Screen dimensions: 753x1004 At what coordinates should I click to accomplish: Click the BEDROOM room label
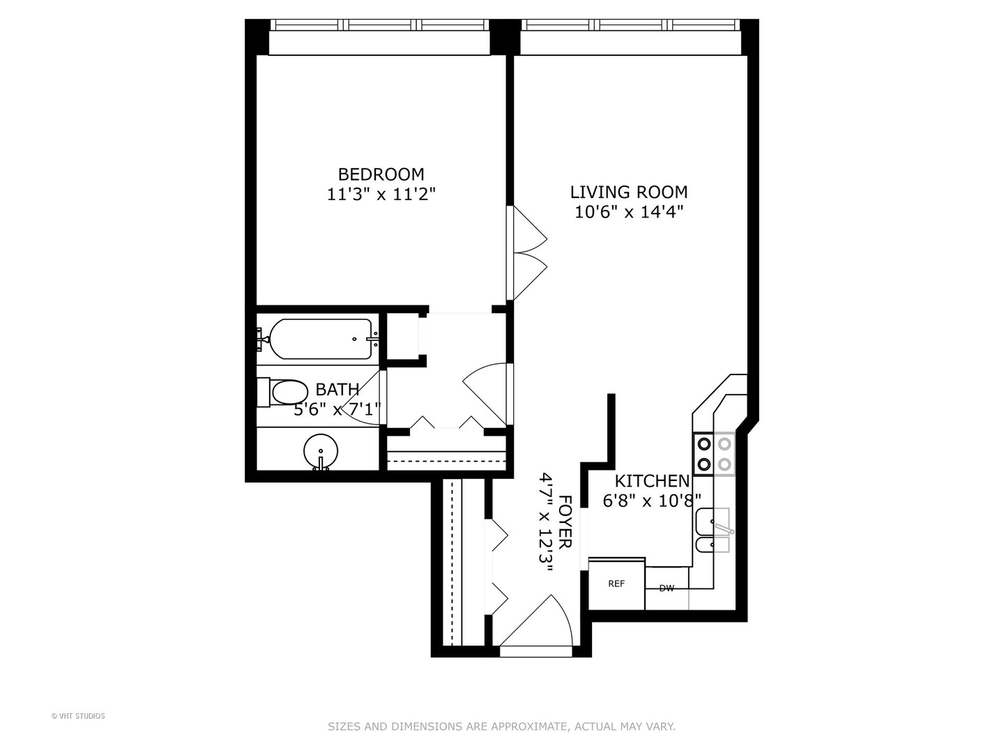(381, 174)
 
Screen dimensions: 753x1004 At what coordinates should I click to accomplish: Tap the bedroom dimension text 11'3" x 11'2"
(381, 195)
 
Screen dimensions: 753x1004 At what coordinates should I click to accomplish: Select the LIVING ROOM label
(628, 192)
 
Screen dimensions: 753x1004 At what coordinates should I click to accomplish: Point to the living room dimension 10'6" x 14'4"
(628, 212)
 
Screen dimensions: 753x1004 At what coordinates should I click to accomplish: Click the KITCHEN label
(652, 481)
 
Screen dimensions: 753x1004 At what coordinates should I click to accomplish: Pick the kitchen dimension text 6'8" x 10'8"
(652, 501)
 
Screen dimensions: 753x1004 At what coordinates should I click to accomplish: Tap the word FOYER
(565, 522)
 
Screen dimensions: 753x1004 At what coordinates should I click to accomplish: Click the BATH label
(337, 390)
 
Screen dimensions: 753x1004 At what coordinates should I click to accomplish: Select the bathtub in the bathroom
(321, 339)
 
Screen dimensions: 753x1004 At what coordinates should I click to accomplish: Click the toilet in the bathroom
(286, 393)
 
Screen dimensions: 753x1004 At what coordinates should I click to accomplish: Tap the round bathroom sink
(321, 450)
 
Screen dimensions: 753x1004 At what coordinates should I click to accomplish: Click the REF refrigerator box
(616, 584)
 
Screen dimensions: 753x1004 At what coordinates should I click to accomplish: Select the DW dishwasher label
(667, 588)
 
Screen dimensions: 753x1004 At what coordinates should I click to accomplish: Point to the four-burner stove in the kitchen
(714, 453)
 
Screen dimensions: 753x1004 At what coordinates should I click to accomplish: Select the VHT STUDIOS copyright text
(78, 716)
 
